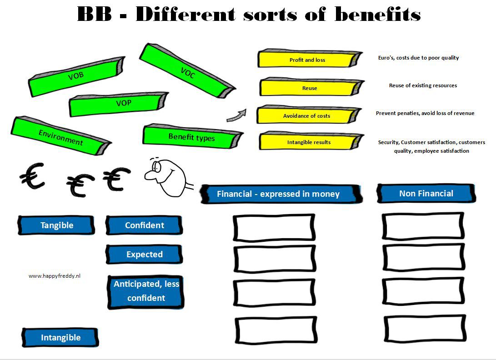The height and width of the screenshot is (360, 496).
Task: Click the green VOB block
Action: tap(76, 76)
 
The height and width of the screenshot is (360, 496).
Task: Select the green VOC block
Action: tap(187, 71)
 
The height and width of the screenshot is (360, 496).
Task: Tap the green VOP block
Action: tap(119, 104)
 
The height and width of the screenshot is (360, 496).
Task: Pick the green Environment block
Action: tap(61, 136)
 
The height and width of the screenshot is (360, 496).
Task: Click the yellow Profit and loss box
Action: tap(309, 59)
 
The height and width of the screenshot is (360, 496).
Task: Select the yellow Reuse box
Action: tap(311, 87)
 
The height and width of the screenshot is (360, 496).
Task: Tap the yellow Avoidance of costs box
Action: tap(308, 115)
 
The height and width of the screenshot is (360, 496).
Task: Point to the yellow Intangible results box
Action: tap(311, 141)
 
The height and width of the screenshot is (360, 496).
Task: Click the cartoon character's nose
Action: tap(149, 175)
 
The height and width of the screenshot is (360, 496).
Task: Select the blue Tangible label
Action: tap(57, 225)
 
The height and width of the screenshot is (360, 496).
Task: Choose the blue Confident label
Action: tap(144, 225)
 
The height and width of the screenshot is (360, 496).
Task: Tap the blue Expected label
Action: tap(144, 255)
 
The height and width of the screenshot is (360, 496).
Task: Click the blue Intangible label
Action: tap(60, 338)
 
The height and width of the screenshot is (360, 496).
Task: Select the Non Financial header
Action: tap(426, 193)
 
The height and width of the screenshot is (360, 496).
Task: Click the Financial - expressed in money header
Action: tap(281, 194)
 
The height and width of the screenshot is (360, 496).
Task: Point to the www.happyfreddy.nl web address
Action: tap(55, 276)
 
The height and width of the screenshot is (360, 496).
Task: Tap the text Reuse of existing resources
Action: tap(423, 85)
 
